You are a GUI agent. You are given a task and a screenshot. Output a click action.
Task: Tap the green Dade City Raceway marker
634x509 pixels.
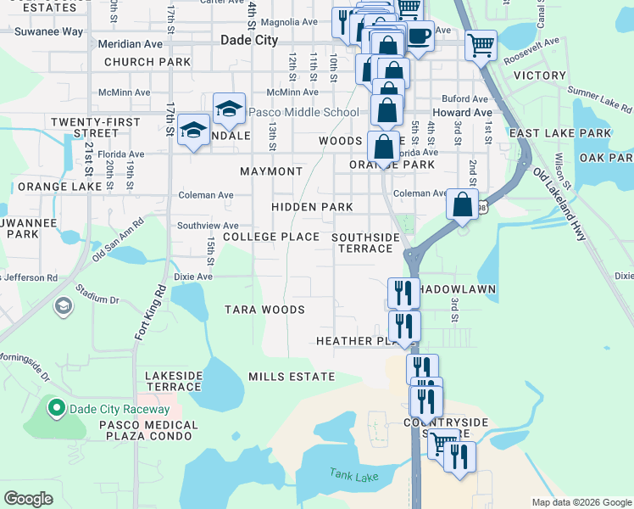pos(57,409)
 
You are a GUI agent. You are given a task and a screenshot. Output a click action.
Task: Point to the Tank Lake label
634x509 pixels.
pos(354,477)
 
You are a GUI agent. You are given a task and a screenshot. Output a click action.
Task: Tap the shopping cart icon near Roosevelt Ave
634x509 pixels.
pos(481,45)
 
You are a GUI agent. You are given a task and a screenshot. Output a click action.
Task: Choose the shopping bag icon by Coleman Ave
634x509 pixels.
pos(462,204)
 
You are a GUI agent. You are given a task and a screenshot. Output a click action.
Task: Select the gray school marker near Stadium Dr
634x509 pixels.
pos(63,305)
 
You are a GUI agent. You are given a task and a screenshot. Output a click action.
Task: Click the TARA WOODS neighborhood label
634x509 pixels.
pos(264,310)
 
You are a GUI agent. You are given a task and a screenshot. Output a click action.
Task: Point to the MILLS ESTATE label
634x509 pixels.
pos(292,376)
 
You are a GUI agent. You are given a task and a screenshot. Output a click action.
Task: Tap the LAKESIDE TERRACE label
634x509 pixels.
pos(174,380)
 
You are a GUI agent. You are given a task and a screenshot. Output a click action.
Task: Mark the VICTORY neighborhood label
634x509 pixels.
pos(539,76)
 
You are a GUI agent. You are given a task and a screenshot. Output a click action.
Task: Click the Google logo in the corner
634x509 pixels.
pos(28,498)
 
